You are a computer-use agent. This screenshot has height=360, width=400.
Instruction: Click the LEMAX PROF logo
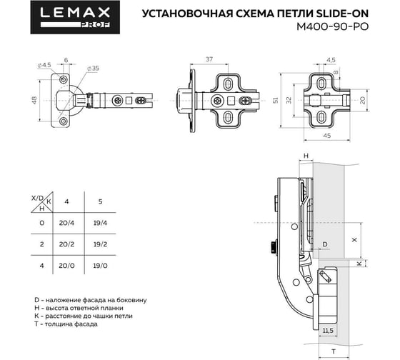click(75, 17)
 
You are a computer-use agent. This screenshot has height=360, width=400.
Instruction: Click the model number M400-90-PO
click(332, 26)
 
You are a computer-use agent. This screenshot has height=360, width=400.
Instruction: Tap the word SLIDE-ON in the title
click(342, 14)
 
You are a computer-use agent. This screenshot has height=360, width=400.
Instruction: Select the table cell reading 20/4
click(66, 223)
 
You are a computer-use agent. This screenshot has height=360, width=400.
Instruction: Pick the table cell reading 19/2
click(100, 244)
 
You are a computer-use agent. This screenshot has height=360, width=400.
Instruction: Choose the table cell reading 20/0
click(66, 266)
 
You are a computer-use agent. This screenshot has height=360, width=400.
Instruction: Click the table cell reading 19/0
click(100, 266)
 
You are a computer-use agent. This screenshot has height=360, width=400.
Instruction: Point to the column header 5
click(100, 201)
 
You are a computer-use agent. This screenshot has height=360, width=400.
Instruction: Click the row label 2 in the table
click(42, 244)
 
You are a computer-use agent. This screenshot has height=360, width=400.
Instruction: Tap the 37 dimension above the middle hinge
click(209, 59)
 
